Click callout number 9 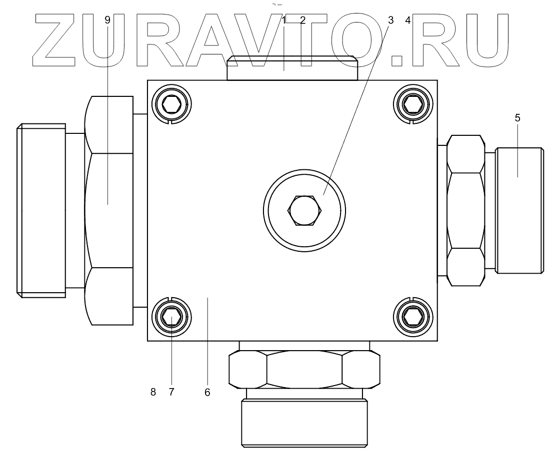coord(107,20)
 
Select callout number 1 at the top coord(284,20)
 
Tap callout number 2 coord(302,20)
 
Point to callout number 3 coord(390,20)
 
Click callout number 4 coord(408,20)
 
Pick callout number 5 coord(517,118)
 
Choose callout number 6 coord(207,392)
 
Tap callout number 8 coord(153,392)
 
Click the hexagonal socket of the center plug coord(304,210)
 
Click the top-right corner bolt coord(413,104)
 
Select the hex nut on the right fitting coord(466,210)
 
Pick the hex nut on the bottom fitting coord(304,370)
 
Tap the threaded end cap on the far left coord(41,210)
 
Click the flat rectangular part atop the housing coord(292,68)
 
